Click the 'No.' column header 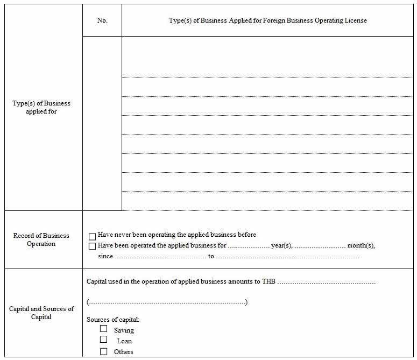[x=102, y=20]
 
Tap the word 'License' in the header [x=355, y=20]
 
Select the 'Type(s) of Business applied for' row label [x=41, y=107]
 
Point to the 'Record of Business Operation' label [x=41, y=239]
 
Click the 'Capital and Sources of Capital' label [x=41, y=313]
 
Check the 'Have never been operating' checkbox [x=93, y=236]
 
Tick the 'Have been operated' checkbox [x=93, y=246]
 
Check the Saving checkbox [x=103, y=329]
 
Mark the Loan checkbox [x=103, y=340]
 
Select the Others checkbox [x=103, y=351]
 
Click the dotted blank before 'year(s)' [x=249, y=246]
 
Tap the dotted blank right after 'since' [x=160, y=257]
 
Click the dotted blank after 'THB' [x=327, y=281]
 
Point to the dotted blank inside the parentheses [x=167, y=302]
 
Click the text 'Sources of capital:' [x=113, y=320]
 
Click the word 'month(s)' [x=361, y=246]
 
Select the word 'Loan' [x=124, y=341]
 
